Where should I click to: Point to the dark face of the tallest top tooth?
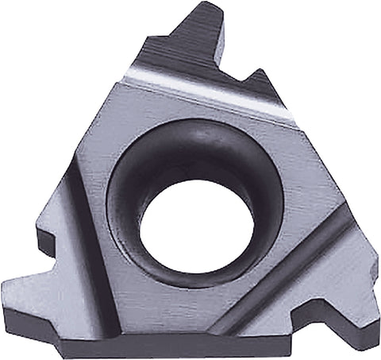coord(198,40)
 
